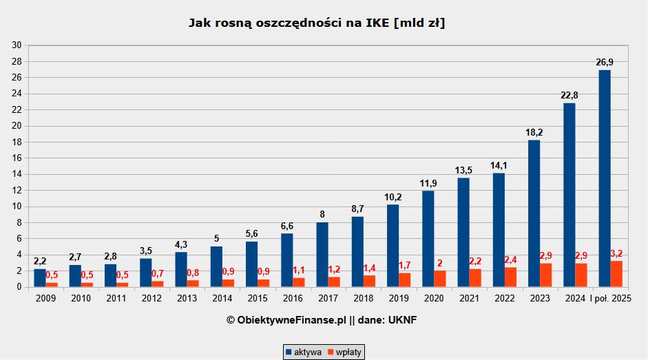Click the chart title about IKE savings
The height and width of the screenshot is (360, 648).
(317, 23)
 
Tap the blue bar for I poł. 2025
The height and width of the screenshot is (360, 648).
(605, 178)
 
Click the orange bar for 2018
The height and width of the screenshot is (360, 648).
(370, 281)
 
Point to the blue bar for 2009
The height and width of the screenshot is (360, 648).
(40, 278)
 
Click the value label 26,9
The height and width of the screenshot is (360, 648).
(605, 63)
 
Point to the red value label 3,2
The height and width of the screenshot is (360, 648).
(616, 254)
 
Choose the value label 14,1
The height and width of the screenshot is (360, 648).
(499, 166)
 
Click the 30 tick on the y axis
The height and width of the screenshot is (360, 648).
(17, 45)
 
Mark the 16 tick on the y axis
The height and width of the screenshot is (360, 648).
(17, 158)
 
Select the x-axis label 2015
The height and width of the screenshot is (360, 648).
(258, 298)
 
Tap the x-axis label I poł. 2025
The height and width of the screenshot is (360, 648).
(610, 298)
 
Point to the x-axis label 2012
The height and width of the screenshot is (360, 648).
(151, 298)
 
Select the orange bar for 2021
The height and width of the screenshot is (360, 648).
(475, 278)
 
